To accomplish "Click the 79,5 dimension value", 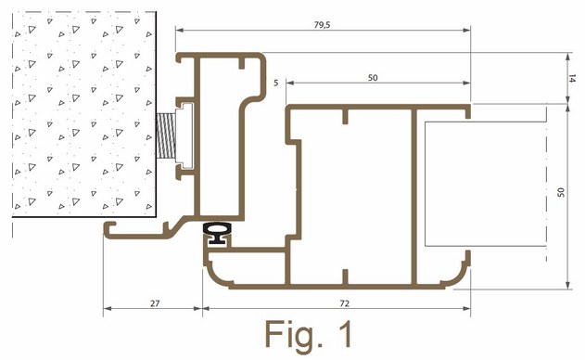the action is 322,25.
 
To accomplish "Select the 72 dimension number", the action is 344,303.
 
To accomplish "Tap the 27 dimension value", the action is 155,303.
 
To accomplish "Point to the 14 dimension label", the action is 572,79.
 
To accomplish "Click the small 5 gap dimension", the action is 275,83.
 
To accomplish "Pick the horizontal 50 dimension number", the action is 373,78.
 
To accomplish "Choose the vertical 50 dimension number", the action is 561,192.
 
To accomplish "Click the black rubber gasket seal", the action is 217,233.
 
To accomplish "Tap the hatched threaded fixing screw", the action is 166,135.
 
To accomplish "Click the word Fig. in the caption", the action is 288,334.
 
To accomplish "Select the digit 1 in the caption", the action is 346,333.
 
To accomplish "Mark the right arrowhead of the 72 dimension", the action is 466,308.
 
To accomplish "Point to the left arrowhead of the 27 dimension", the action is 108,308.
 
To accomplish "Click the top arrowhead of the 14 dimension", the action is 568,57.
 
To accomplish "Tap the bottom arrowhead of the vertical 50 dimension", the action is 568,285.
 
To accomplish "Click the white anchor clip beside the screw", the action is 185,136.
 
